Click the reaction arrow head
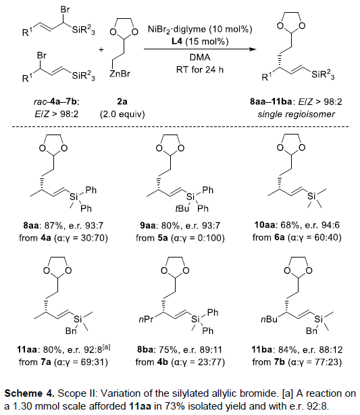coord(253,49)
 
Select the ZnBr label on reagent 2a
coord(120,74)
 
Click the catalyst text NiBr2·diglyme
coord(177,29)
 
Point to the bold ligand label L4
coord(177,41)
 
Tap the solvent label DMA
coord(200,57)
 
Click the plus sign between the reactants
coord(101,49)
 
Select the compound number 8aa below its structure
coord(30,226)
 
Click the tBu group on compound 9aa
coord(182,209)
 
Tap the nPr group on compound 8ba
coord(146,320)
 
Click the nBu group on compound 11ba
coord(269,320)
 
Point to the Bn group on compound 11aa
coord(71,331)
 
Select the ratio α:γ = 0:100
coord(198,238)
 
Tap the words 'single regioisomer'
coord(297,114)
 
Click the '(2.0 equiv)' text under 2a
coord(122,114)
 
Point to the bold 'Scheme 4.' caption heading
coord(29,393)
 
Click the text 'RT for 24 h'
coord(200,70)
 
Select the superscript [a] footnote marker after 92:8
coord(106,347)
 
